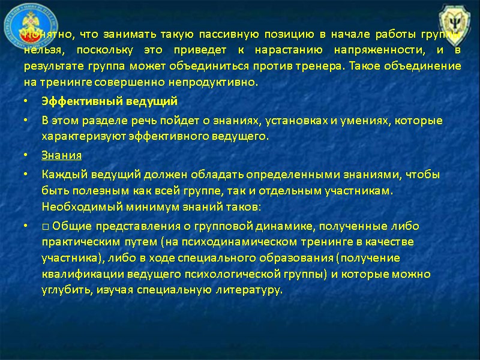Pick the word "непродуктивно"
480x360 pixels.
220,82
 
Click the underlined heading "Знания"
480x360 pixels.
61,155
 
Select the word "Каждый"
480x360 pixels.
59,175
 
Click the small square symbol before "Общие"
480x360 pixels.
45,226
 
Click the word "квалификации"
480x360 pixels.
74,274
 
